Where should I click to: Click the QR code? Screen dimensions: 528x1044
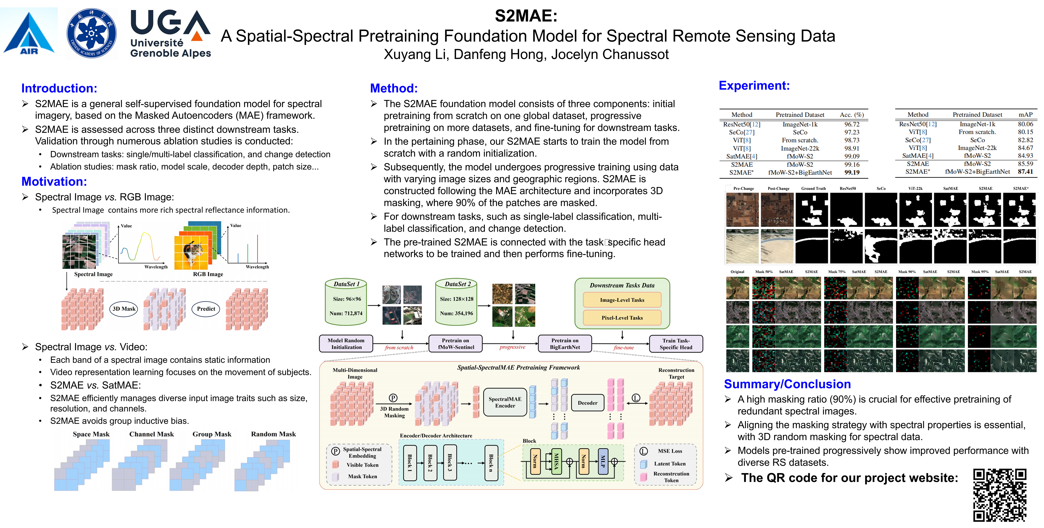1000,495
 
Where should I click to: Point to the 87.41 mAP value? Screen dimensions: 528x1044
1025,172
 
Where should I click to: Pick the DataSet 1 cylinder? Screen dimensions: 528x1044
346,302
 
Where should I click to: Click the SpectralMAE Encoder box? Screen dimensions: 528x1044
505,402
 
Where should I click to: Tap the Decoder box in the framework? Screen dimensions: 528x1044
587,403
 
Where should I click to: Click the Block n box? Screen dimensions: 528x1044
491,462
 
